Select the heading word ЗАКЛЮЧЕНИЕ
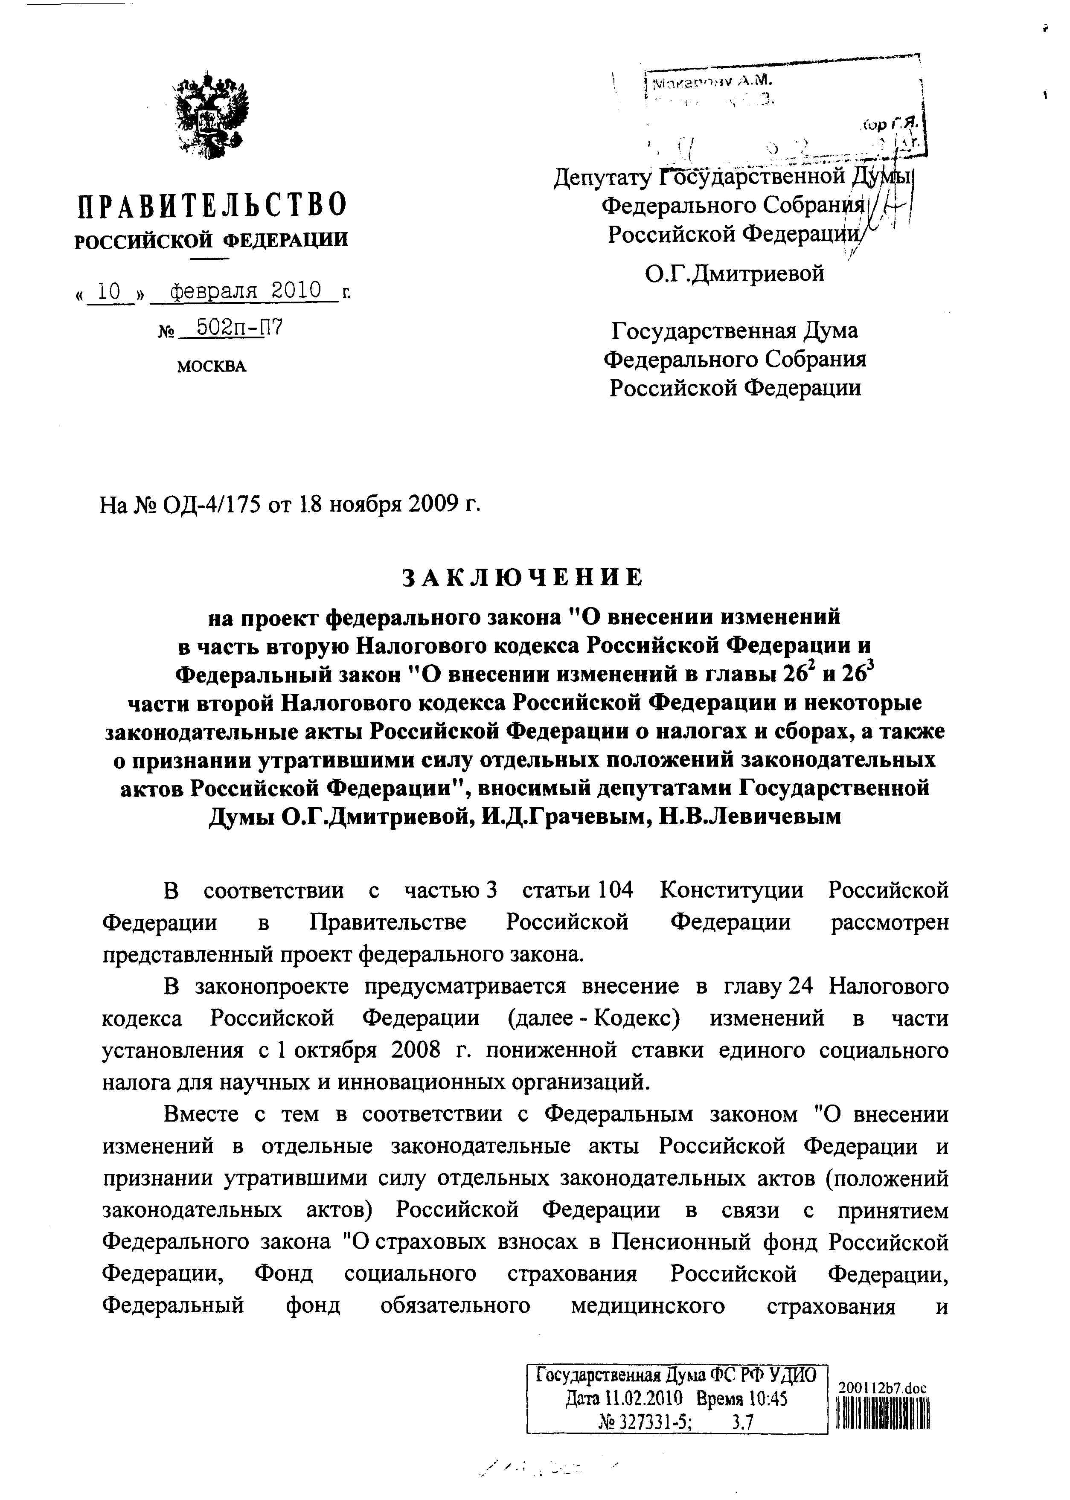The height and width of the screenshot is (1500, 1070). (x=523, y=577)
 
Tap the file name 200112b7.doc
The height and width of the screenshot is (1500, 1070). (x=882, y=1388)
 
